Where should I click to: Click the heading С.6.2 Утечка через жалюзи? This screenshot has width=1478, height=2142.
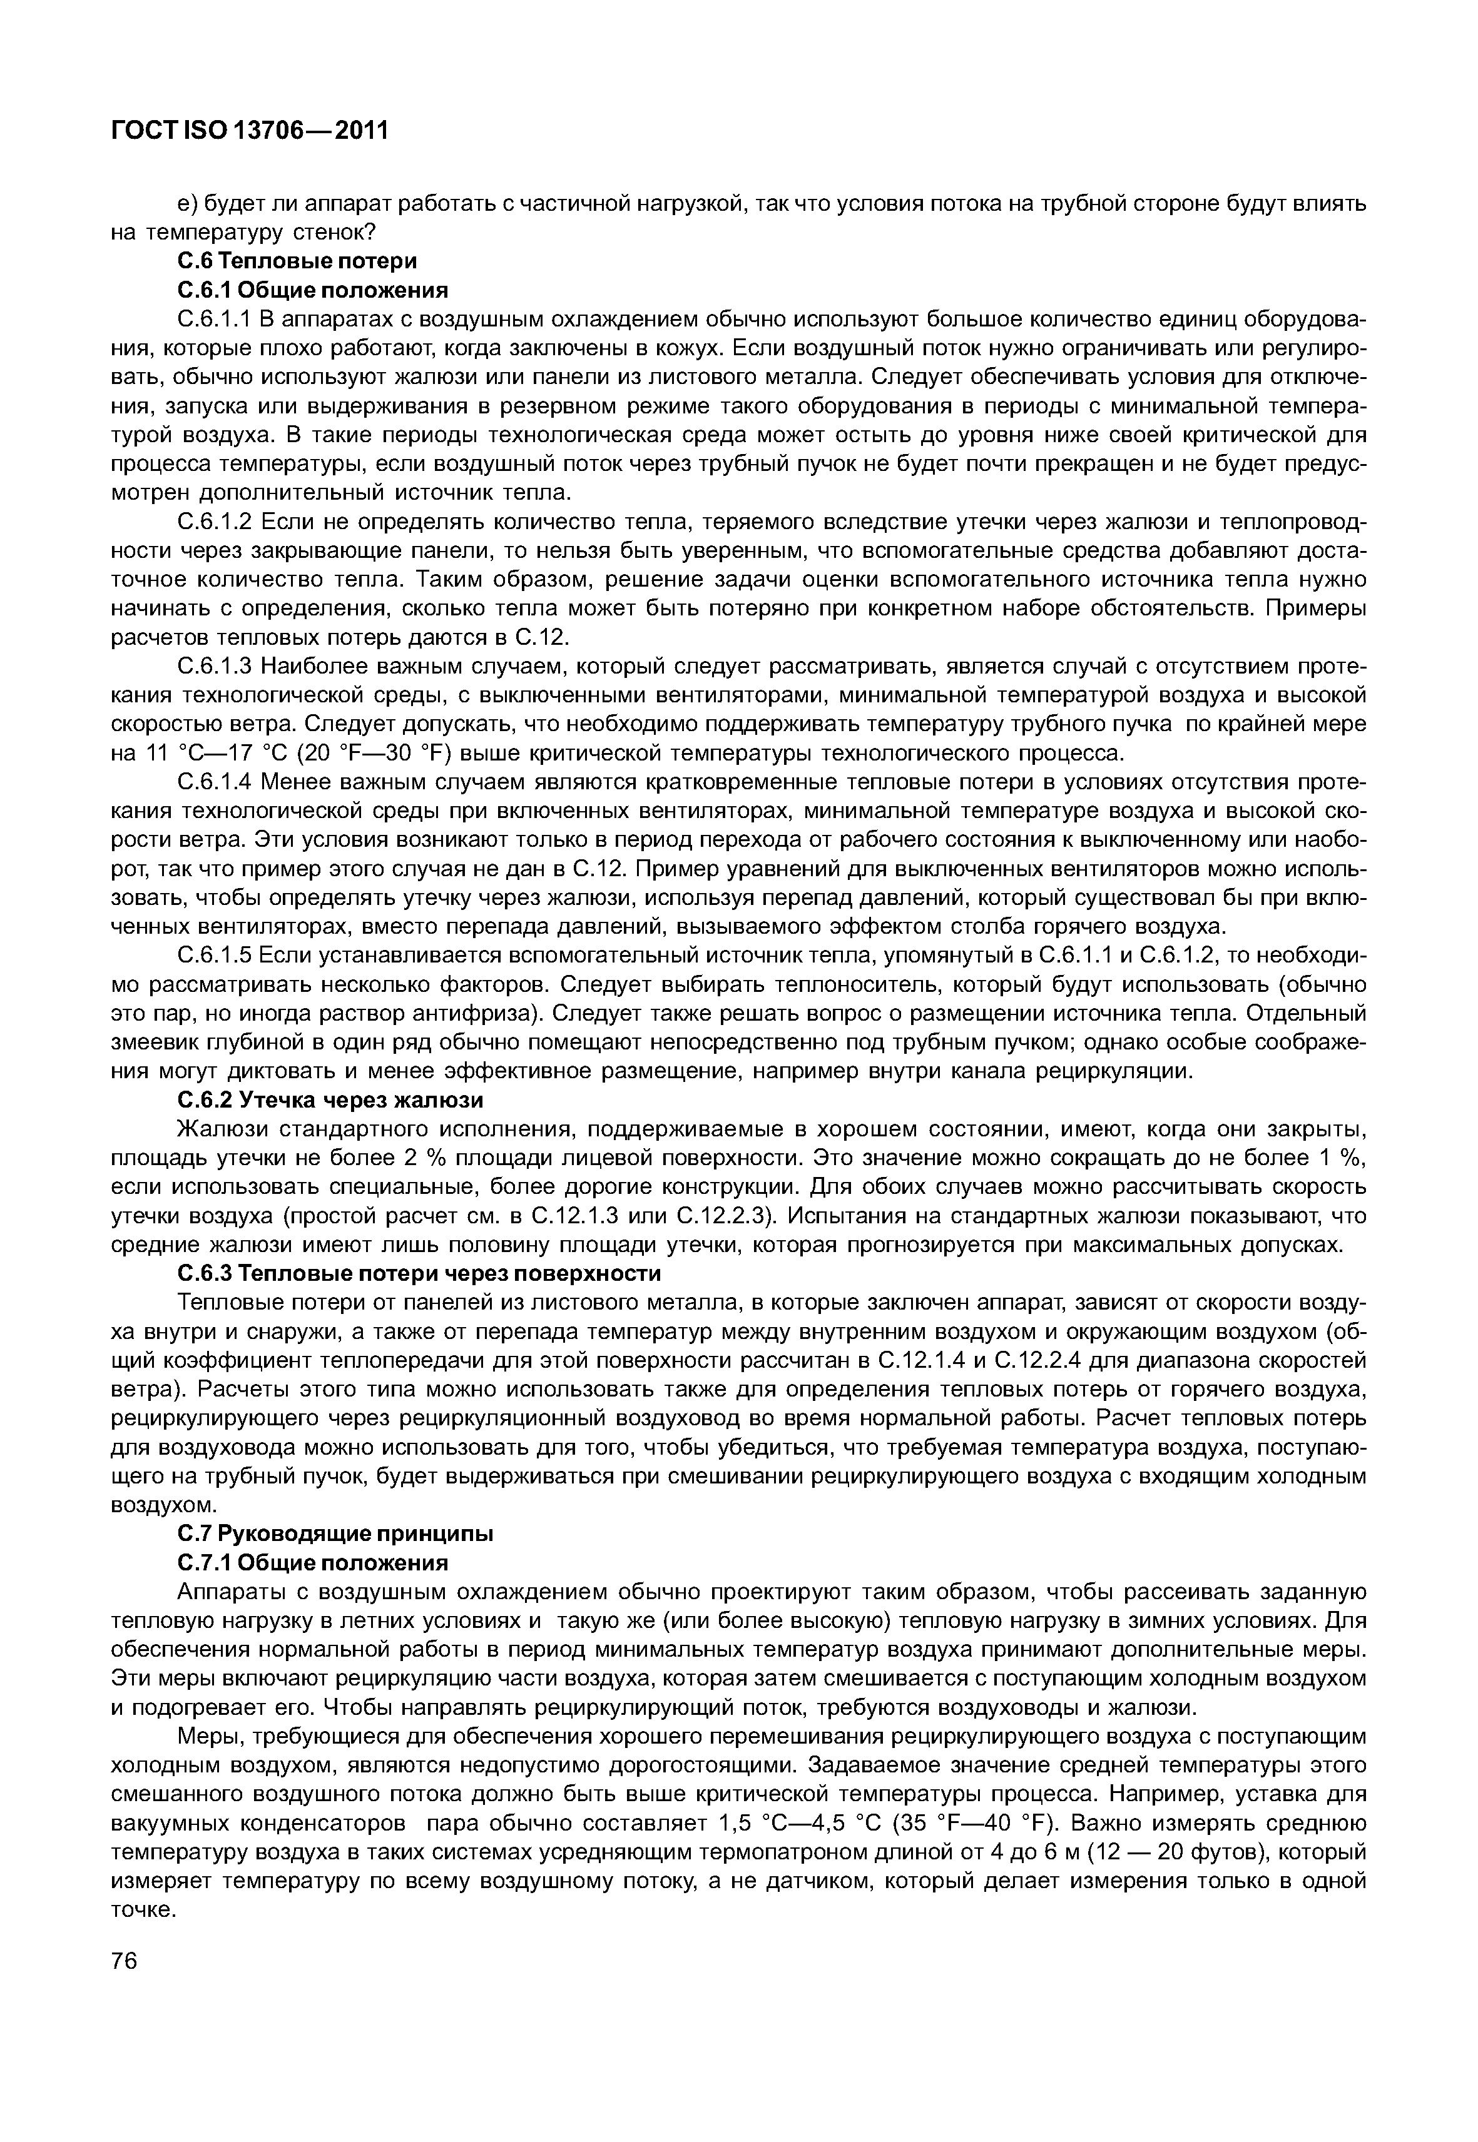click(x=330, y=1099)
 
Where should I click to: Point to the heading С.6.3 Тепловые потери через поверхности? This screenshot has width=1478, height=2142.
click(x=419, y=1274)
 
